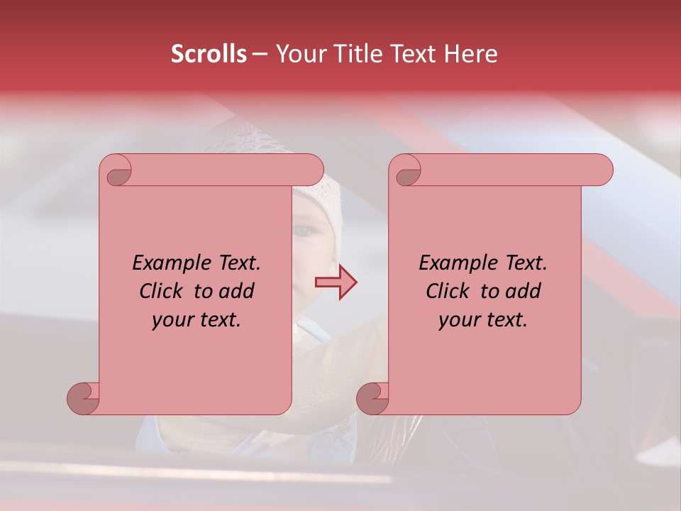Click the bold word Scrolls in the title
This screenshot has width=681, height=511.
(209, 54)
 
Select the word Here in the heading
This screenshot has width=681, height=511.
(470, 54)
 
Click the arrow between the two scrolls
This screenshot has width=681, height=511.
(336, 283)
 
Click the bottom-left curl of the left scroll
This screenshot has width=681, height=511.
(84, 398)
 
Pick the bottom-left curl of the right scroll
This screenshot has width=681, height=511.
(373, 398)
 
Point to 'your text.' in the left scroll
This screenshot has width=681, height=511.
(196, 319)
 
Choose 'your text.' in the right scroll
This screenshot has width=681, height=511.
(483, 319)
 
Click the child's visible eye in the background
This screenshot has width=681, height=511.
(304, 231)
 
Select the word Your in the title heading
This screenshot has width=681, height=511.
(299, 54)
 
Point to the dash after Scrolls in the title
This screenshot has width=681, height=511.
(260, 54)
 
